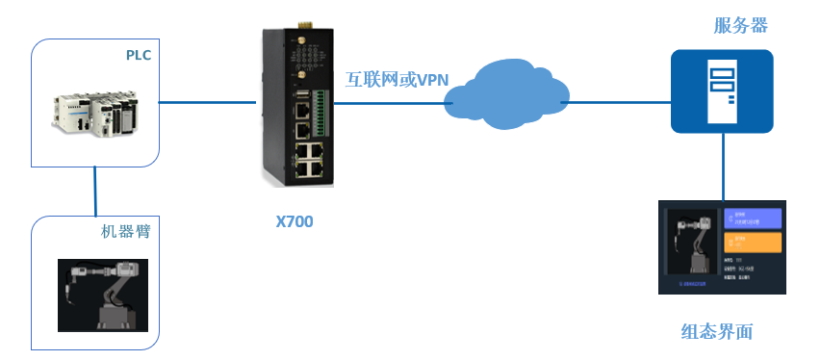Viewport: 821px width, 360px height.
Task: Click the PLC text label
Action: tap(139, 55)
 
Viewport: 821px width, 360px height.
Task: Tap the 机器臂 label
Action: tap(126, 232)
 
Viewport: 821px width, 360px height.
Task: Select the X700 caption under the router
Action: tap(295, 221)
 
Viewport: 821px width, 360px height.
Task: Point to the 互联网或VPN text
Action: tap(397, 80)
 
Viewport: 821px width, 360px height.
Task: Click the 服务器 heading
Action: tap(740, 26)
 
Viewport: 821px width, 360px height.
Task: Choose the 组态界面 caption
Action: tap(716, 332)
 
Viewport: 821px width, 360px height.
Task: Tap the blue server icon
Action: tap(722, 90)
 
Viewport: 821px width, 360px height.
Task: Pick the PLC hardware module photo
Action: tap(94, 114)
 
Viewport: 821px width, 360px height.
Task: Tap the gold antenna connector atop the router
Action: tap(298, 22)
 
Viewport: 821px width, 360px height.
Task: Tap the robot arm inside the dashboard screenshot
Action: tap(691, 245)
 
